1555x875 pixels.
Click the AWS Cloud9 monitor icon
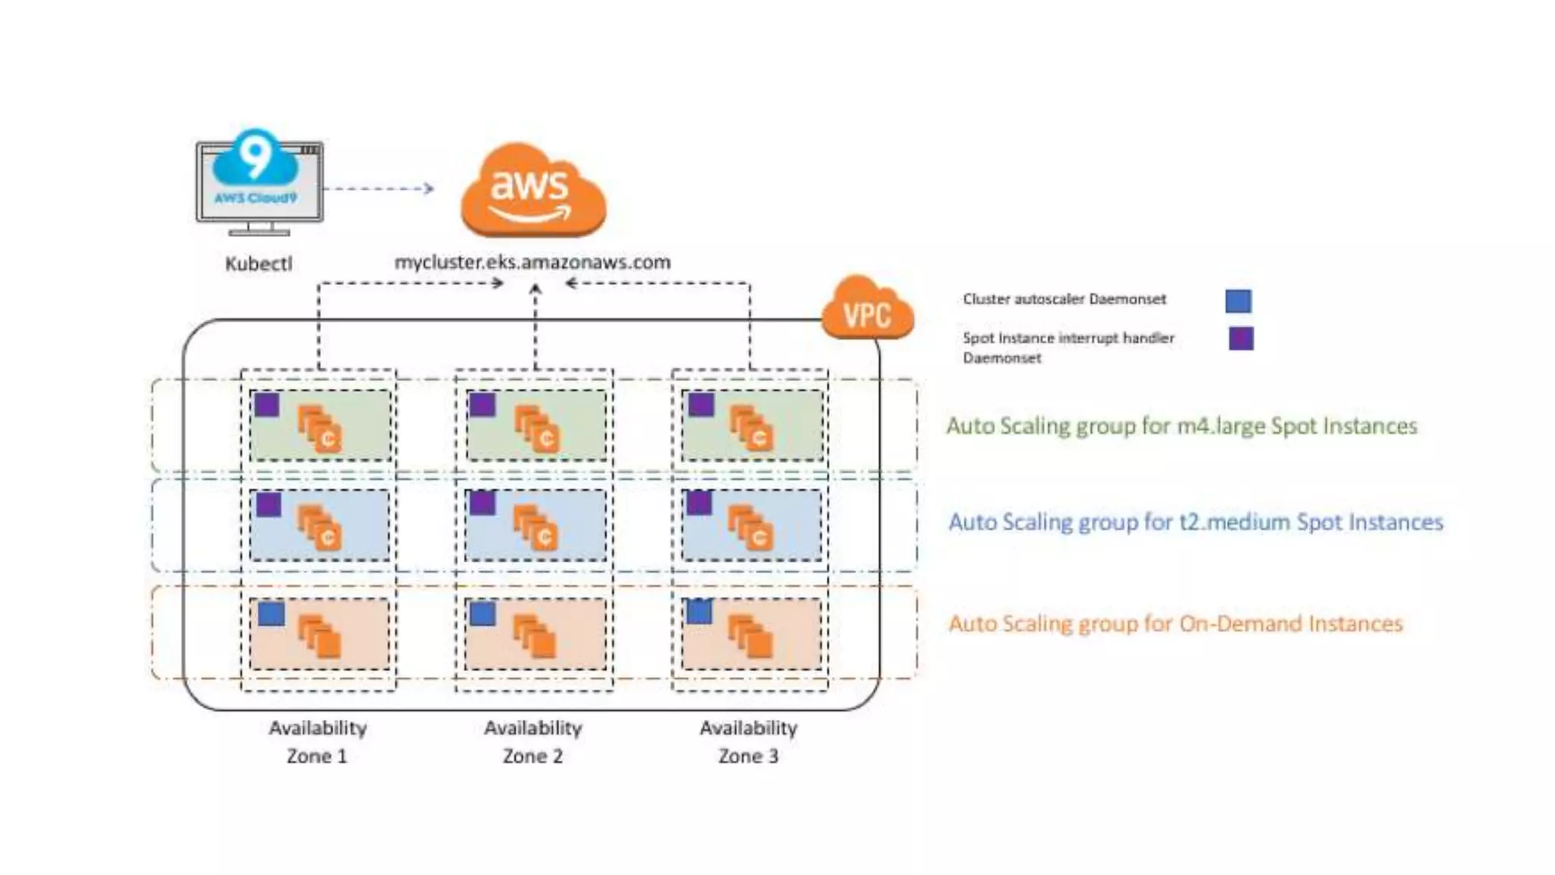259,182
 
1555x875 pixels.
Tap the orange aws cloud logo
533,190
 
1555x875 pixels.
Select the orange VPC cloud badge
868,310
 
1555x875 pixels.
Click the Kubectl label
258,264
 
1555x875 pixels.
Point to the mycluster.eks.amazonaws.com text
532,262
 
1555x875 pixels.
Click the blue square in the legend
1238,301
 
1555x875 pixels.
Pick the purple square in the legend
1241,338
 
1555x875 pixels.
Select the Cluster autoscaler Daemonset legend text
1064,299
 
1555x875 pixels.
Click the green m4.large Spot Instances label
1181,426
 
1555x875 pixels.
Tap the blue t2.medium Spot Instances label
1195,523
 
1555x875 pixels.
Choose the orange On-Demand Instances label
1175,624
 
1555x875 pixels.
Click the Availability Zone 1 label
317,742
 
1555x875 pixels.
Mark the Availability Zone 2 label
533,742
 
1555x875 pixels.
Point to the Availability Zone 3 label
749,742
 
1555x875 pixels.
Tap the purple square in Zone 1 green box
267,405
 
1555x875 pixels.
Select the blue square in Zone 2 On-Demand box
482,614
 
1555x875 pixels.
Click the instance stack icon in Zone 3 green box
750,428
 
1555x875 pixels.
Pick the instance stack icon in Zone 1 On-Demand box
319,637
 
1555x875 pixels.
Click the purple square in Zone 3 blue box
699,503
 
